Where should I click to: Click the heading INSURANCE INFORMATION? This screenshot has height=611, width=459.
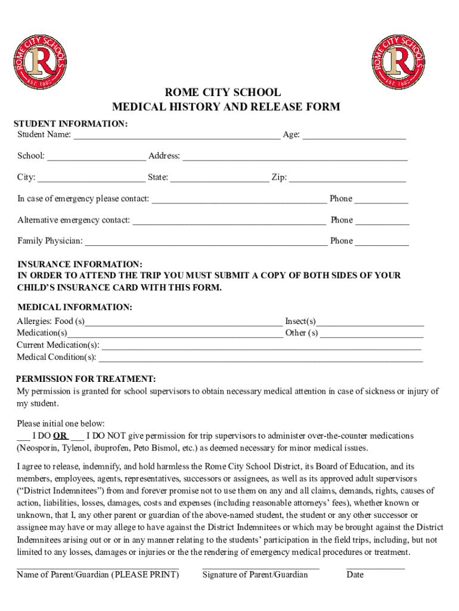click(80, 264)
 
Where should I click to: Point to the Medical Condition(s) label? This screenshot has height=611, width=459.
click(56, 357)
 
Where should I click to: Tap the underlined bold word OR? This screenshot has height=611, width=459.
click(60, 436)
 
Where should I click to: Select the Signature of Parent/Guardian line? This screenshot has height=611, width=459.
click(260, 567)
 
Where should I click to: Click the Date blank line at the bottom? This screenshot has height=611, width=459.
click(375, 567)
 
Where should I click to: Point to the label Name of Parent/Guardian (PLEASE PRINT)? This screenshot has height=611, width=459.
click(98, 575)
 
